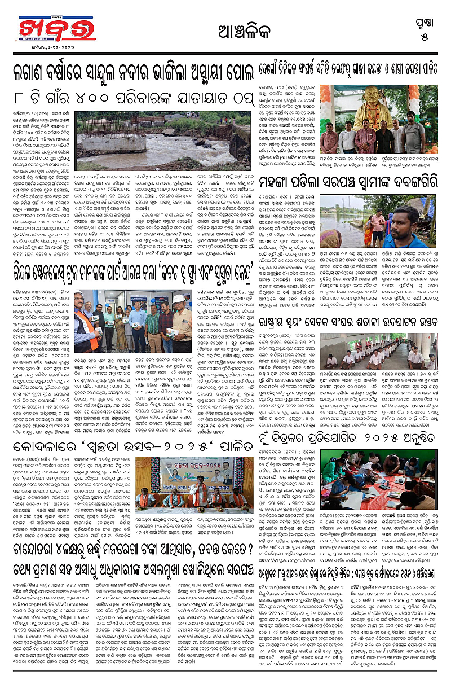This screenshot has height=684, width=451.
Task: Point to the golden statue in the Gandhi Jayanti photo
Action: (369, 107)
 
